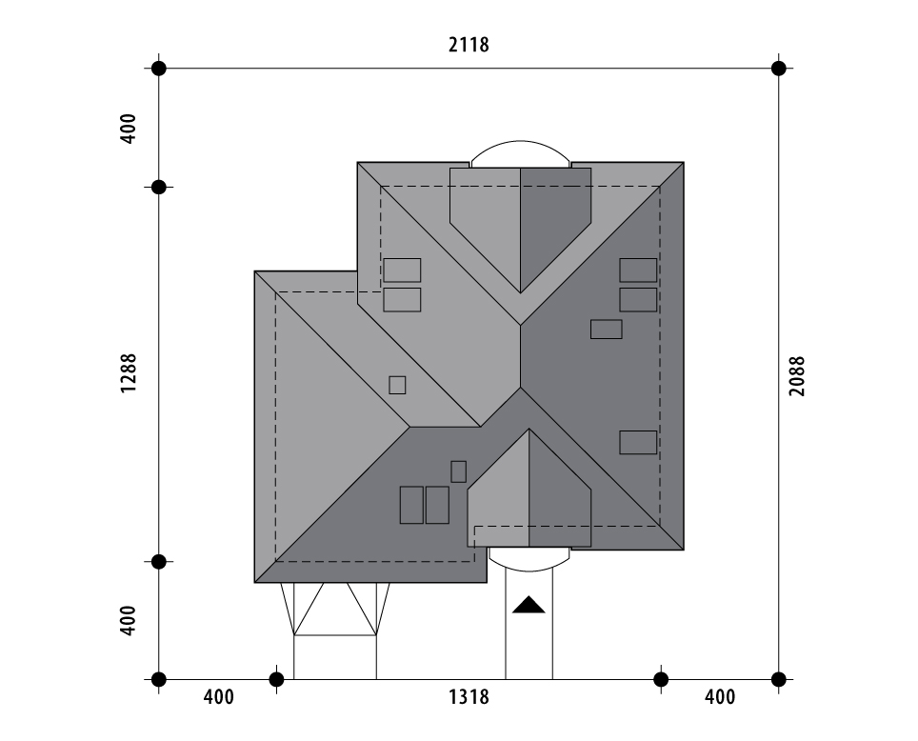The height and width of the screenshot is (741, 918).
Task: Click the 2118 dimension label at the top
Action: pyautogui.click(x=469, y=45)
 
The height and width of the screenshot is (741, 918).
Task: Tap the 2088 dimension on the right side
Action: pyautogui.click(x=797, y=376)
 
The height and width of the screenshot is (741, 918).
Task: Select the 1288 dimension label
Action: pyautogui.click(x=129, y=373)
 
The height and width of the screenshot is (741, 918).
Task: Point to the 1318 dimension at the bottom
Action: pyautogui.click(x=469, y=697)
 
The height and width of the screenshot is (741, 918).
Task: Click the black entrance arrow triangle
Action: pyautogui.click(x=529, y=605)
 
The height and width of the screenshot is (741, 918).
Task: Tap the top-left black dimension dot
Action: pyautogui.click(x=159, y=69)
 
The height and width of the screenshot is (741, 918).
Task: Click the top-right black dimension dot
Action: pyautogui.click(x=779, y=69)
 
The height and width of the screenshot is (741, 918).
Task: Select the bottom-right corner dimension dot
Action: pyautogui.click(x=779, y=679)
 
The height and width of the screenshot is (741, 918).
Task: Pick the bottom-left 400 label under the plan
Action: pyautogui.click(x=218, y=697)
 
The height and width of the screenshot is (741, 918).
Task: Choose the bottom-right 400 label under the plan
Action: pyautogui.click(x=720, y=697)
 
